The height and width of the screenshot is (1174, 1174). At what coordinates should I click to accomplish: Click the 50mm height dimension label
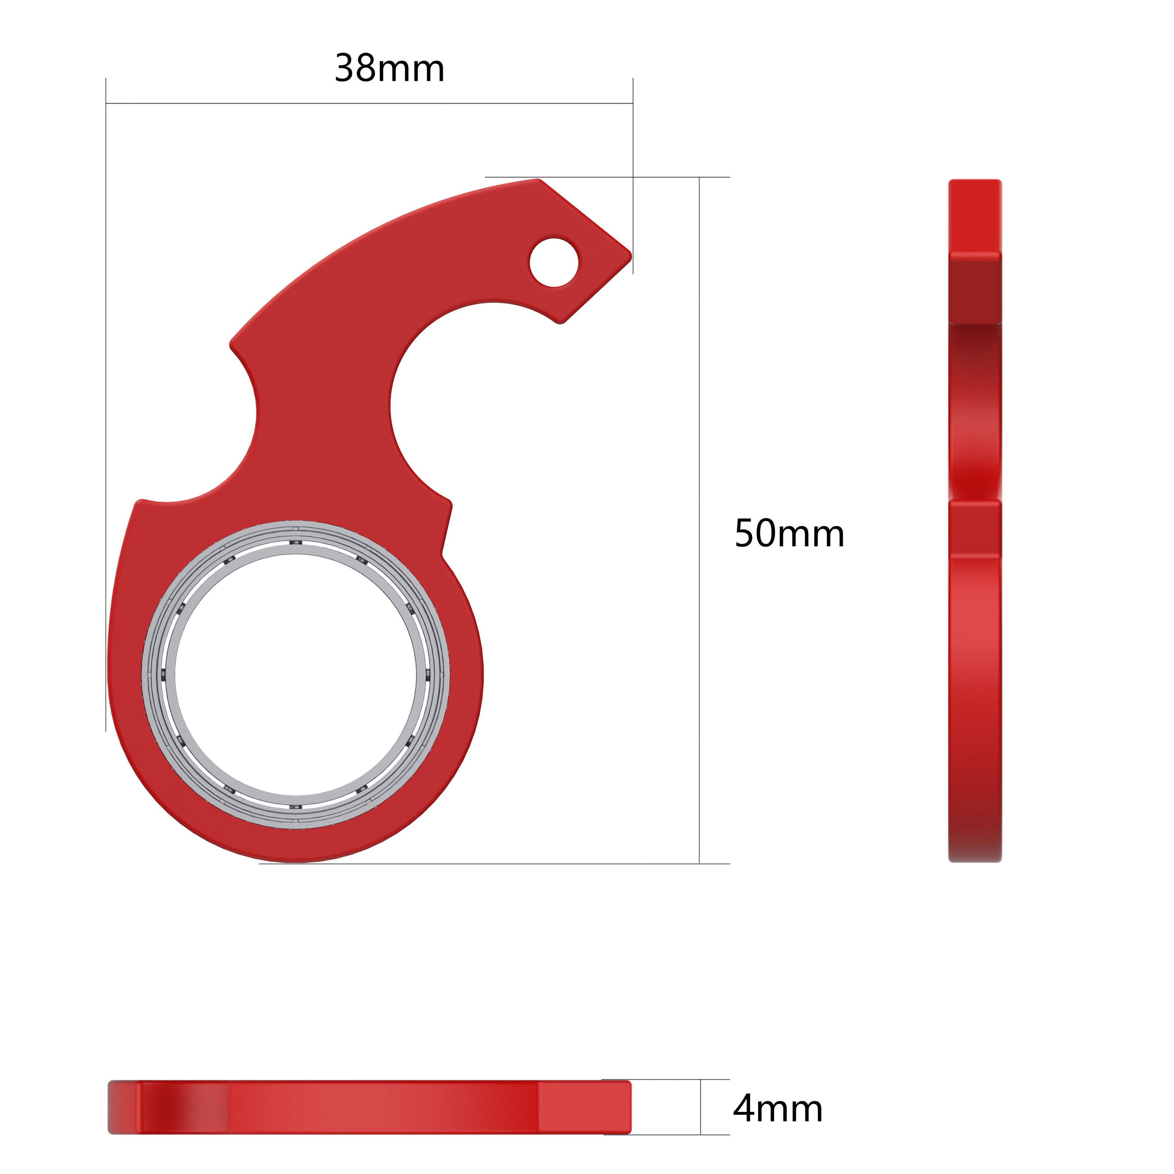click(x=789, y=534)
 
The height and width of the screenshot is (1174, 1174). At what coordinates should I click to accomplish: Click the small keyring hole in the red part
click(x=554, y=263)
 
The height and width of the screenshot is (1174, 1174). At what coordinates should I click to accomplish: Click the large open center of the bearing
click(x=296, y=674)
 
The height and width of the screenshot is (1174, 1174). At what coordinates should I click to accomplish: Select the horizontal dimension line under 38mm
click(x=369, y=103)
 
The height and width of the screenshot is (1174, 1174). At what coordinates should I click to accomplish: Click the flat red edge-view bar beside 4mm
click(x=369, y=1107)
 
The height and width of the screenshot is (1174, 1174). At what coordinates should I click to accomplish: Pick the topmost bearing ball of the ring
click(x=295, y=542)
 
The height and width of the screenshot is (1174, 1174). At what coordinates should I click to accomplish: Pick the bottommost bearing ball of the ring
click(x=295, y=807)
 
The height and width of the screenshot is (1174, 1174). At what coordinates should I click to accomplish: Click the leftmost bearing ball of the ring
click(x=163, y=674)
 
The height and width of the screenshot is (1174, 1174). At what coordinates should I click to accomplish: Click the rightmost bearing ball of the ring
click(x=428, y=674)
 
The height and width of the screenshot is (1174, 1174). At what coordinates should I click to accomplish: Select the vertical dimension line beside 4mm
click(x=700, y=1107)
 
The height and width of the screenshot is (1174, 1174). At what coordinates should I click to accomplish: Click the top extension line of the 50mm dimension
click(x=607, y=177)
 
